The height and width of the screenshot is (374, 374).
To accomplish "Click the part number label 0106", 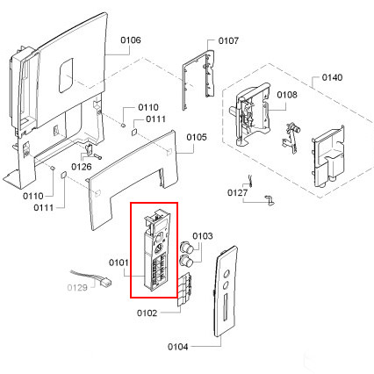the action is (131, 40).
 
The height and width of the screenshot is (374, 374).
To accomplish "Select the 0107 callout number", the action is (228, 40).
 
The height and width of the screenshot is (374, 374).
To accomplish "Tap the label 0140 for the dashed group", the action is (332, 77).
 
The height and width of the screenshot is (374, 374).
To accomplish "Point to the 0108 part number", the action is (287, 95).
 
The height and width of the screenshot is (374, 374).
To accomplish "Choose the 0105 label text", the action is (197, 137).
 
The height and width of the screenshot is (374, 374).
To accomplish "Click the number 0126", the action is (82, 167).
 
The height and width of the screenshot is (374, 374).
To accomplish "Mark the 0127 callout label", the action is (237, 193).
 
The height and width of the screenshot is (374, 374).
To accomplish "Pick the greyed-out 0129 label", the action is (77, 288).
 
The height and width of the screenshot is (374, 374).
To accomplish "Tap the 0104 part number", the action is (177, 347).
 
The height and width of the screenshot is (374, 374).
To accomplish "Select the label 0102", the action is (147, 313).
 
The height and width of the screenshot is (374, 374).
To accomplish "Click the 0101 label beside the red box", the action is (119, 263).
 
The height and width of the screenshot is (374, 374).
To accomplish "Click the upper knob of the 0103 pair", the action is (186, 247).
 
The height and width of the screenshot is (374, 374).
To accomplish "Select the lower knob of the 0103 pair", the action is (187, 260).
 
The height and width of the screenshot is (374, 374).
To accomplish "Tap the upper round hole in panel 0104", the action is (227, 275).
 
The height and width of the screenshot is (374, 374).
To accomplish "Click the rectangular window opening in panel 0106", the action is (66, 76).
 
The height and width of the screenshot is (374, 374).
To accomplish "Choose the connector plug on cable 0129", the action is (105, 283).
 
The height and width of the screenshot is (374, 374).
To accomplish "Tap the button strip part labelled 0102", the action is (184, 290).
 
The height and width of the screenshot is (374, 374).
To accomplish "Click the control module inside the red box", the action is (155, 250).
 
